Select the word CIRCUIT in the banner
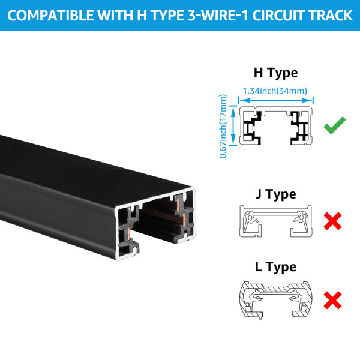(x=278, y=16)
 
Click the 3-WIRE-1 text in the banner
(x=218, y=16)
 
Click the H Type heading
(x=275, y=73)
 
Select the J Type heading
(x=275, y=194)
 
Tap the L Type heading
(x=275, y=267)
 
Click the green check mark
(x=335, y=125)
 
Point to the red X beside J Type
(x=332, y=221)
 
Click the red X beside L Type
(x=332, y=301)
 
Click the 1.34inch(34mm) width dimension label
(x=275, y=91)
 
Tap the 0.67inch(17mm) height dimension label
(x=223, y=126)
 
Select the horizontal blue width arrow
(x=276, y=100)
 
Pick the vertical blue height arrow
(x=233, y=125)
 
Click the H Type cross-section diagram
(x=276, y=125)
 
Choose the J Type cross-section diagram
(x=275, y=221)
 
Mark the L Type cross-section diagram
(x=275, y=299)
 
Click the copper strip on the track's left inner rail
(x=128, y=234)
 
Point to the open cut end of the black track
(x=155, y=224)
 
